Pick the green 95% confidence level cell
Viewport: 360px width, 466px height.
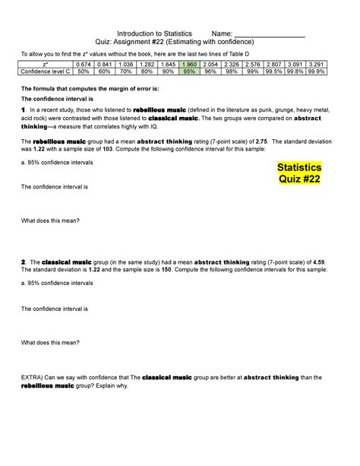tap(189, 73)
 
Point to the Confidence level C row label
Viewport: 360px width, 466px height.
tap(46, 73)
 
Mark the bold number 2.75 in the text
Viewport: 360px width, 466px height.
tap(292, 142)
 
